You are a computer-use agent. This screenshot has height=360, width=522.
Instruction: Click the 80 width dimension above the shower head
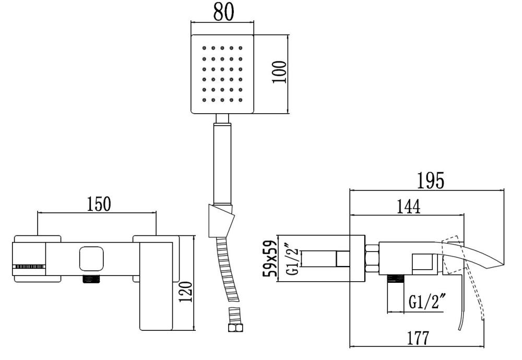(x=222, y=12)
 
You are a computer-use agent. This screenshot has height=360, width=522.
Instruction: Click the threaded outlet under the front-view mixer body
(x=92, y=279)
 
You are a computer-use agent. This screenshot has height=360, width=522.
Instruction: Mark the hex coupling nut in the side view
(x=372, y=258)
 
